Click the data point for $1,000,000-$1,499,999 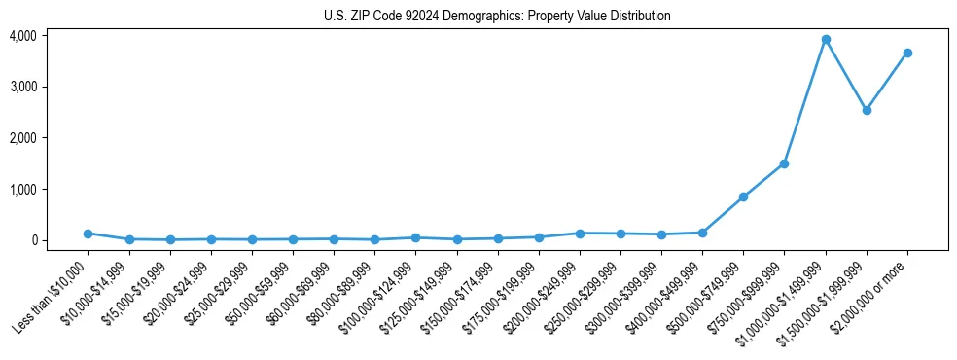[x=826, y=40]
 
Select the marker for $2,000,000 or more [x=907, y=53]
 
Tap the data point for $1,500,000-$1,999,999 [x=867, y=110]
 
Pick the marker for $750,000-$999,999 [x=784, y=163]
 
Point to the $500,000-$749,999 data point [x=743, y=197]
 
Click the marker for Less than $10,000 [x=89, y=234]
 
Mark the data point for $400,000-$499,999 [x=702, y=233]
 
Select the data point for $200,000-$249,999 [x=580, y=234]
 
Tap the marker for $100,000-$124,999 [x=415, y=237]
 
